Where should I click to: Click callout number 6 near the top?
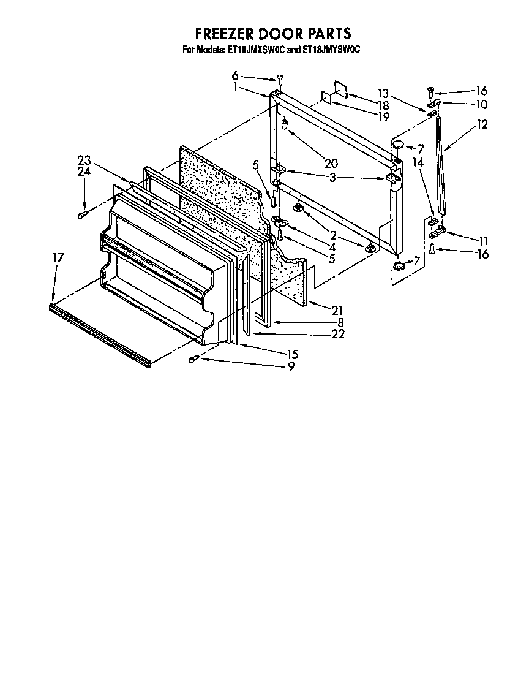tap(234, 76)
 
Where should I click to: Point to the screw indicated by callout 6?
tap(280, 79)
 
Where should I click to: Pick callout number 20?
tap(331, 163)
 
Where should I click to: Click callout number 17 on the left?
tap(58, 259)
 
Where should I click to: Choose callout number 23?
tap(84, 161)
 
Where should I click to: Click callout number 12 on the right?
tap(482, 124)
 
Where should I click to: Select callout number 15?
tap(292, 354)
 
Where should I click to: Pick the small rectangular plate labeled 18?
tap(340, 89)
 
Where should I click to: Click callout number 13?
tap(383, 93)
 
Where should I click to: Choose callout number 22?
tap(337, 334)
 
